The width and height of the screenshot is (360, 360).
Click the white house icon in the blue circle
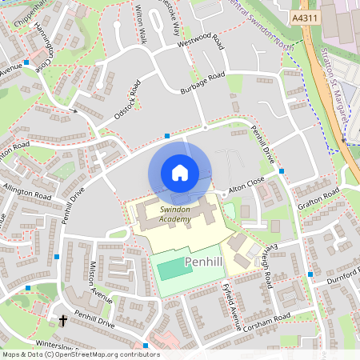pyautogui.click(x=180, y=172)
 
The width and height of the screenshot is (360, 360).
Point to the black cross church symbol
pyautogui.click(x=62, y=321)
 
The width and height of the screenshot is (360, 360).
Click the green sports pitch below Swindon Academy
pyautogui.click(x=175, y=266)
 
